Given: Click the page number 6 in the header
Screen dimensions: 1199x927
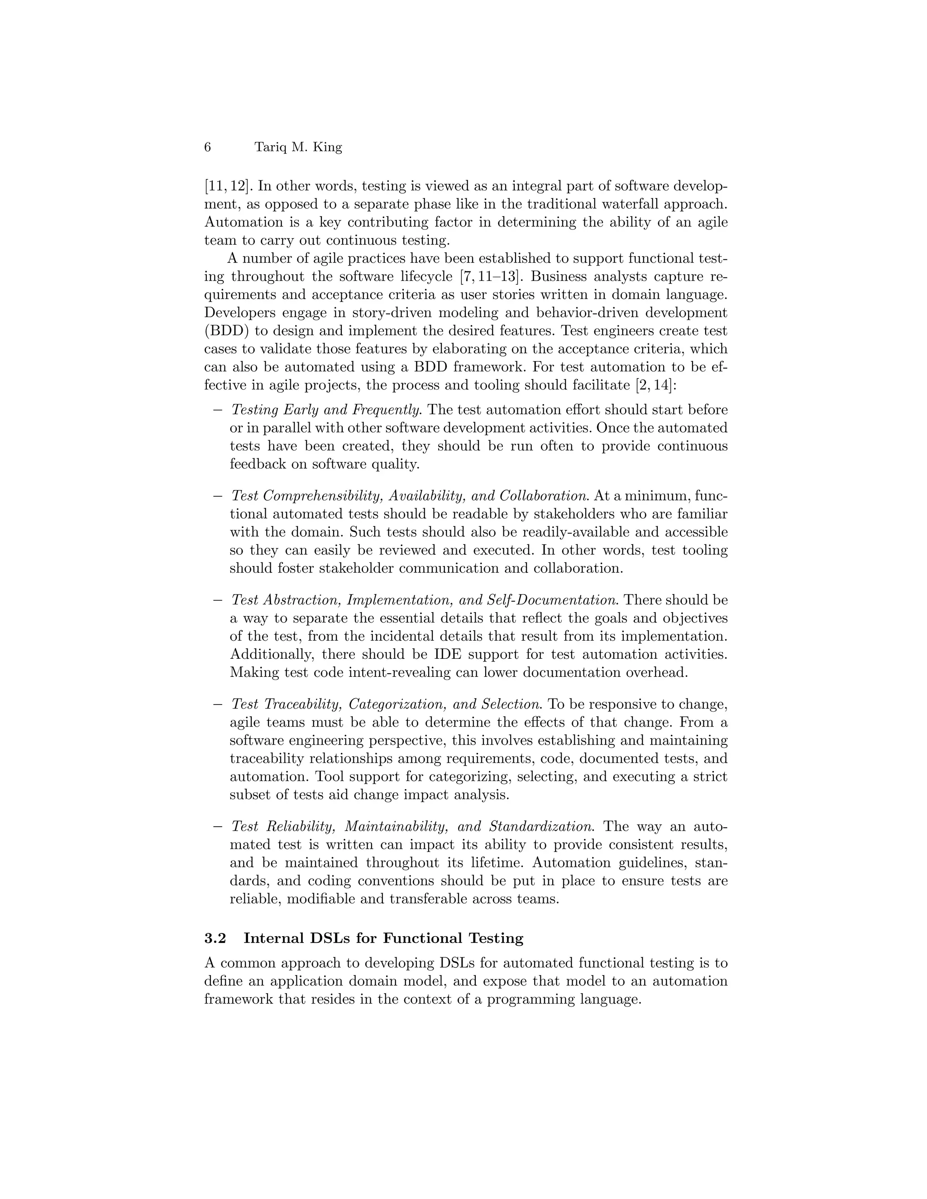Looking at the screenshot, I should click(208, 147).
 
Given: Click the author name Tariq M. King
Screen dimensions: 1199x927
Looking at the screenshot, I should click(298, 147).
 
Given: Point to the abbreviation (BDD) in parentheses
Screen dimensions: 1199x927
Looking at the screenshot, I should click(224, 331).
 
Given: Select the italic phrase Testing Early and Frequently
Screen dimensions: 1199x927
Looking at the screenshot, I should click(327, 410).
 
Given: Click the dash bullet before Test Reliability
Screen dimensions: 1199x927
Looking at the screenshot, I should click(217, 827).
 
